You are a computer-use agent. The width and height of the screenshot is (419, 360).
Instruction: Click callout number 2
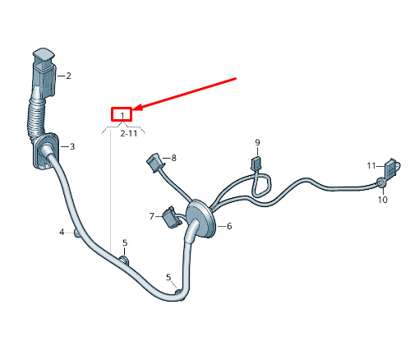(68, 76)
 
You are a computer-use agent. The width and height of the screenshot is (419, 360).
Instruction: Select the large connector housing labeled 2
(44, 72)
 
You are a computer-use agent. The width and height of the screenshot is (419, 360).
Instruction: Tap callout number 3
(72, 146)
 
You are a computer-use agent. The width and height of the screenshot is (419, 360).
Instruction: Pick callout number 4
(62, 232)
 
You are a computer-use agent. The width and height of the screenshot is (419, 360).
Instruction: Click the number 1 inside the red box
(122, 115)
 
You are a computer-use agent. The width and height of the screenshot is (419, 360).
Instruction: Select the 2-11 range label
(129, 133)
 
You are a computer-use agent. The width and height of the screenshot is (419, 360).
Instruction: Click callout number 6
(229, 226)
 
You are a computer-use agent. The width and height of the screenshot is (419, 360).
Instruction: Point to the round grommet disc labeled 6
(200, 219)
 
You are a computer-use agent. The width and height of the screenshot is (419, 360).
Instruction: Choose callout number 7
(152, 216)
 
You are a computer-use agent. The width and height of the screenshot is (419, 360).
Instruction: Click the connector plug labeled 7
(172, 217)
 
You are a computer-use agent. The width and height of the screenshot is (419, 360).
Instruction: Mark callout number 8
(173, 158)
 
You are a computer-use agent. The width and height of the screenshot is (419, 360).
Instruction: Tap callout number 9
(257, 143)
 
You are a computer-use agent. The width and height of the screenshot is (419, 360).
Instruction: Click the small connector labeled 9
(256, 163)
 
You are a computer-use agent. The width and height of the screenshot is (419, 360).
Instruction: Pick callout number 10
(383, 200)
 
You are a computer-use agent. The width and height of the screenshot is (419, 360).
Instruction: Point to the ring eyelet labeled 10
(380, 182)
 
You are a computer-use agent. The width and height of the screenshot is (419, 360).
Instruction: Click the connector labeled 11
(392, 168)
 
